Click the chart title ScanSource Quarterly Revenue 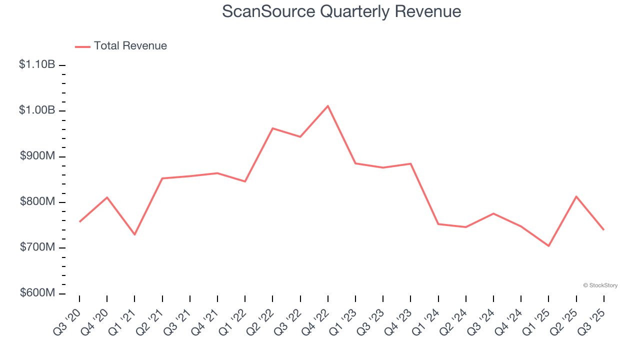point(341,11)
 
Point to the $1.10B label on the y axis point(37,64)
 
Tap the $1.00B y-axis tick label point(37,110)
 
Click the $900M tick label point(37,156)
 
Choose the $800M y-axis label point(37,202)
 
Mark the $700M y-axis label point(37,247)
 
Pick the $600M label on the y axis point(37,293)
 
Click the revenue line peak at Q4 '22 point(327,106)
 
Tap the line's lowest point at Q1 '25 point(548,246)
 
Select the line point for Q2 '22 point(272,128)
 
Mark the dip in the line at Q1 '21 point(134,234)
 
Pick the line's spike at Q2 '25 point(576,196)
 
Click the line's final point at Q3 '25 point(603,229)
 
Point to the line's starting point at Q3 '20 point(79,221)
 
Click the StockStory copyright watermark point(600,285)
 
